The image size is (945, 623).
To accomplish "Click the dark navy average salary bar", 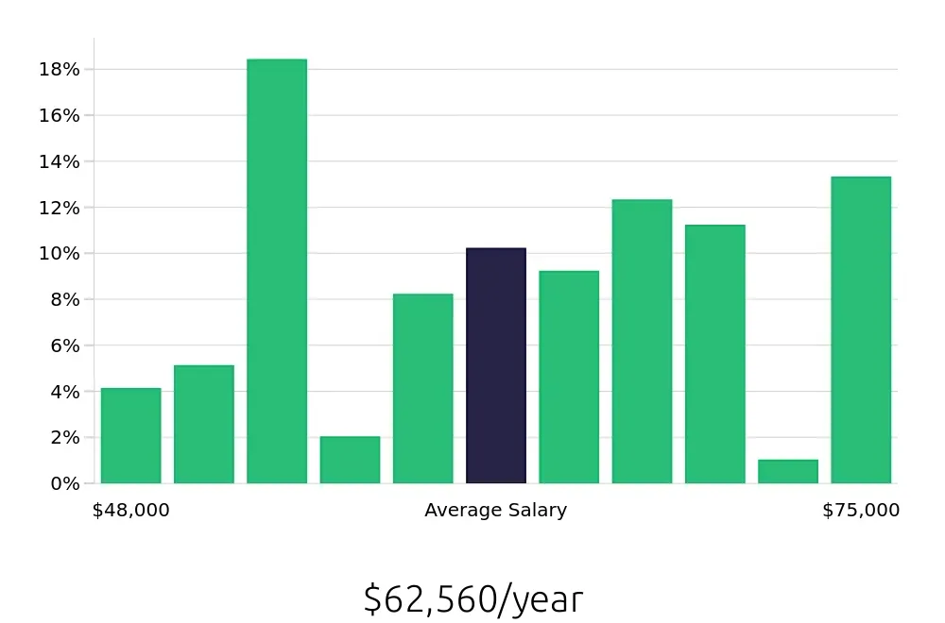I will (x=496, y=366).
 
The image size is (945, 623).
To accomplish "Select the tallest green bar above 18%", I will (x=277, y=272).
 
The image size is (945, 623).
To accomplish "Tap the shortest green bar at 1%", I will (x=788, y=472).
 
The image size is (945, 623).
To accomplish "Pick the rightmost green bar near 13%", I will (x=861, y=330).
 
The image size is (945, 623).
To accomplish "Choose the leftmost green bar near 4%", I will (x=130, y=436).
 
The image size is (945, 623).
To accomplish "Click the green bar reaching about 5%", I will (x=204, y=425).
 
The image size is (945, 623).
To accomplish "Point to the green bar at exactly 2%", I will (x=350, y=460).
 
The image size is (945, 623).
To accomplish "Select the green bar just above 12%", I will (x=642, y=342).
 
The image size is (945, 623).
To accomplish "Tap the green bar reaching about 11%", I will (x=715, y=354).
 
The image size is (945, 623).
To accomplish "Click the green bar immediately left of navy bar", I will (x=423, y=389).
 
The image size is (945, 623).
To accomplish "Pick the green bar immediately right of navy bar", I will (x=569, y=378).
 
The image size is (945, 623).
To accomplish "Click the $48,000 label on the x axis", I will (x=131, y=511).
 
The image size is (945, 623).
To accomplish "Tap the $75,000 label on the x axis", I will (x=861, y=511).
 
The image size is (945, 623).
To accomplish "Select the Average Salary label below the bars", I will (x=496, y=511).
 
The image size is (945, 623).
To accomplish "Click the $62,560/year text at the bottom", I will (x=473, y=599).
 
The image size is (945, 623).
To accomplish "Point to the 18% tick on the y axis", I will (x=60, y=70).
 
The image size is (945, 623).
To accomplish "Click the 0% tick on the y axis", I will (x=64, y=483).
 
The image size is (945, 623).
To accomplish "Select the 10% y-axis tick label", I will (x=60, y=253).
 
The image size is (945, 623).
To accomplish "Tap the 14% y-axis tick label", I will (x=60, y=161).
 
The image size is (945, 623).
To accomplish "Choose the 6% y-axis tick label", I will (x=64, y=345).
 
